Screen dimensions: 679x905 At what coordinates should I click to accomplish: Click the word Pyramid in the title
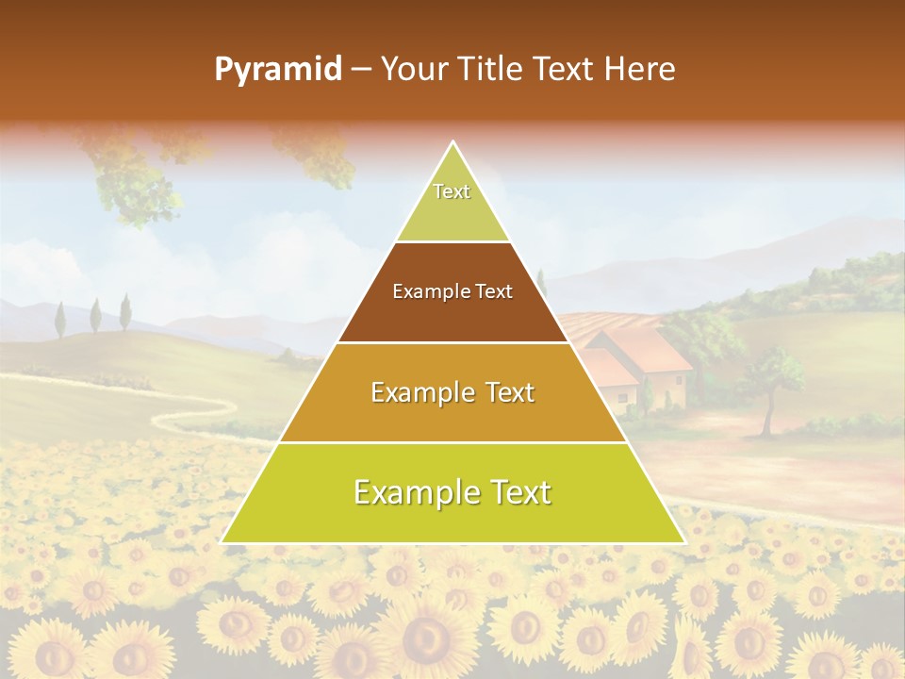pyautogui.click(x=277, y=70)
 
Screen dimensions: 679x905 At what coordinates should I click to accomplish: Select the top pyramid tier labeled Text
pyautogui.click(x=452, y=203)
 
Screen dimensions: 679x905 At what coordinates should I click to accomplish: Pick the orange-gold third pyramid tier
pyautogui.click(x=452, y=415)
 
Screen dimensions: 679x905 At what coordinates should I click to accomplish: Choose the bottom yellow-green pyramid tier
pyautogui.click(x=452, y=514)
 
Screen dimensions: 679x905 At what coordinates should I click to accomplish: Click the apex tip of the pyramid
pyautogui.click(x=452, y=143)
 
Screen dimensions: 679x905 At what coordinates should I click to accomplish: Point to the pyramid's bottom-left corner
pyautogui.click(x=222, y=541)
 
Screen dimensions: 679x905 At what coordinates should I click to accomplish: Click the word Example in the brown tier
pyautogui.click(x=428, y=291)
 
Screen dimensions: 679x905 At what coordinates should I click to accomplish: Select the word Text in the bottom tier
pyautogui.click(x=514, y=492)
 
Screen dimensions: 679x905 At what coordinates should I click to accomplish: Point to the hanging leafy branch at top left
pyautogui.click(x=132, y=174)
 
